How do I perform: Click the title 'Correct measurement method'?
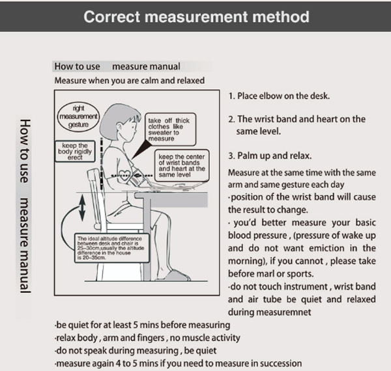[x=195, y=16]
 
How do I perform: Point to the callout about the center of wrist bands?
[x=182, y=166]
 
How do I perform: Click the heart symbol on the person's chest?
[x=124, y=174]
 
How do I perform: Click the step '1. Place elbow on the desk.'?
[x=279, y=96]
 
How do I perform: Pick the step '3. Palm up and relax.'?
[x=270, y=156]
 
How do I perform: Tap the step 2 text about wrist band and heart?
[x=297, y=125]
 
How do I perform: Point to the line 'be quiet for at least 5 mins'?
[x=142, y=324]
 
